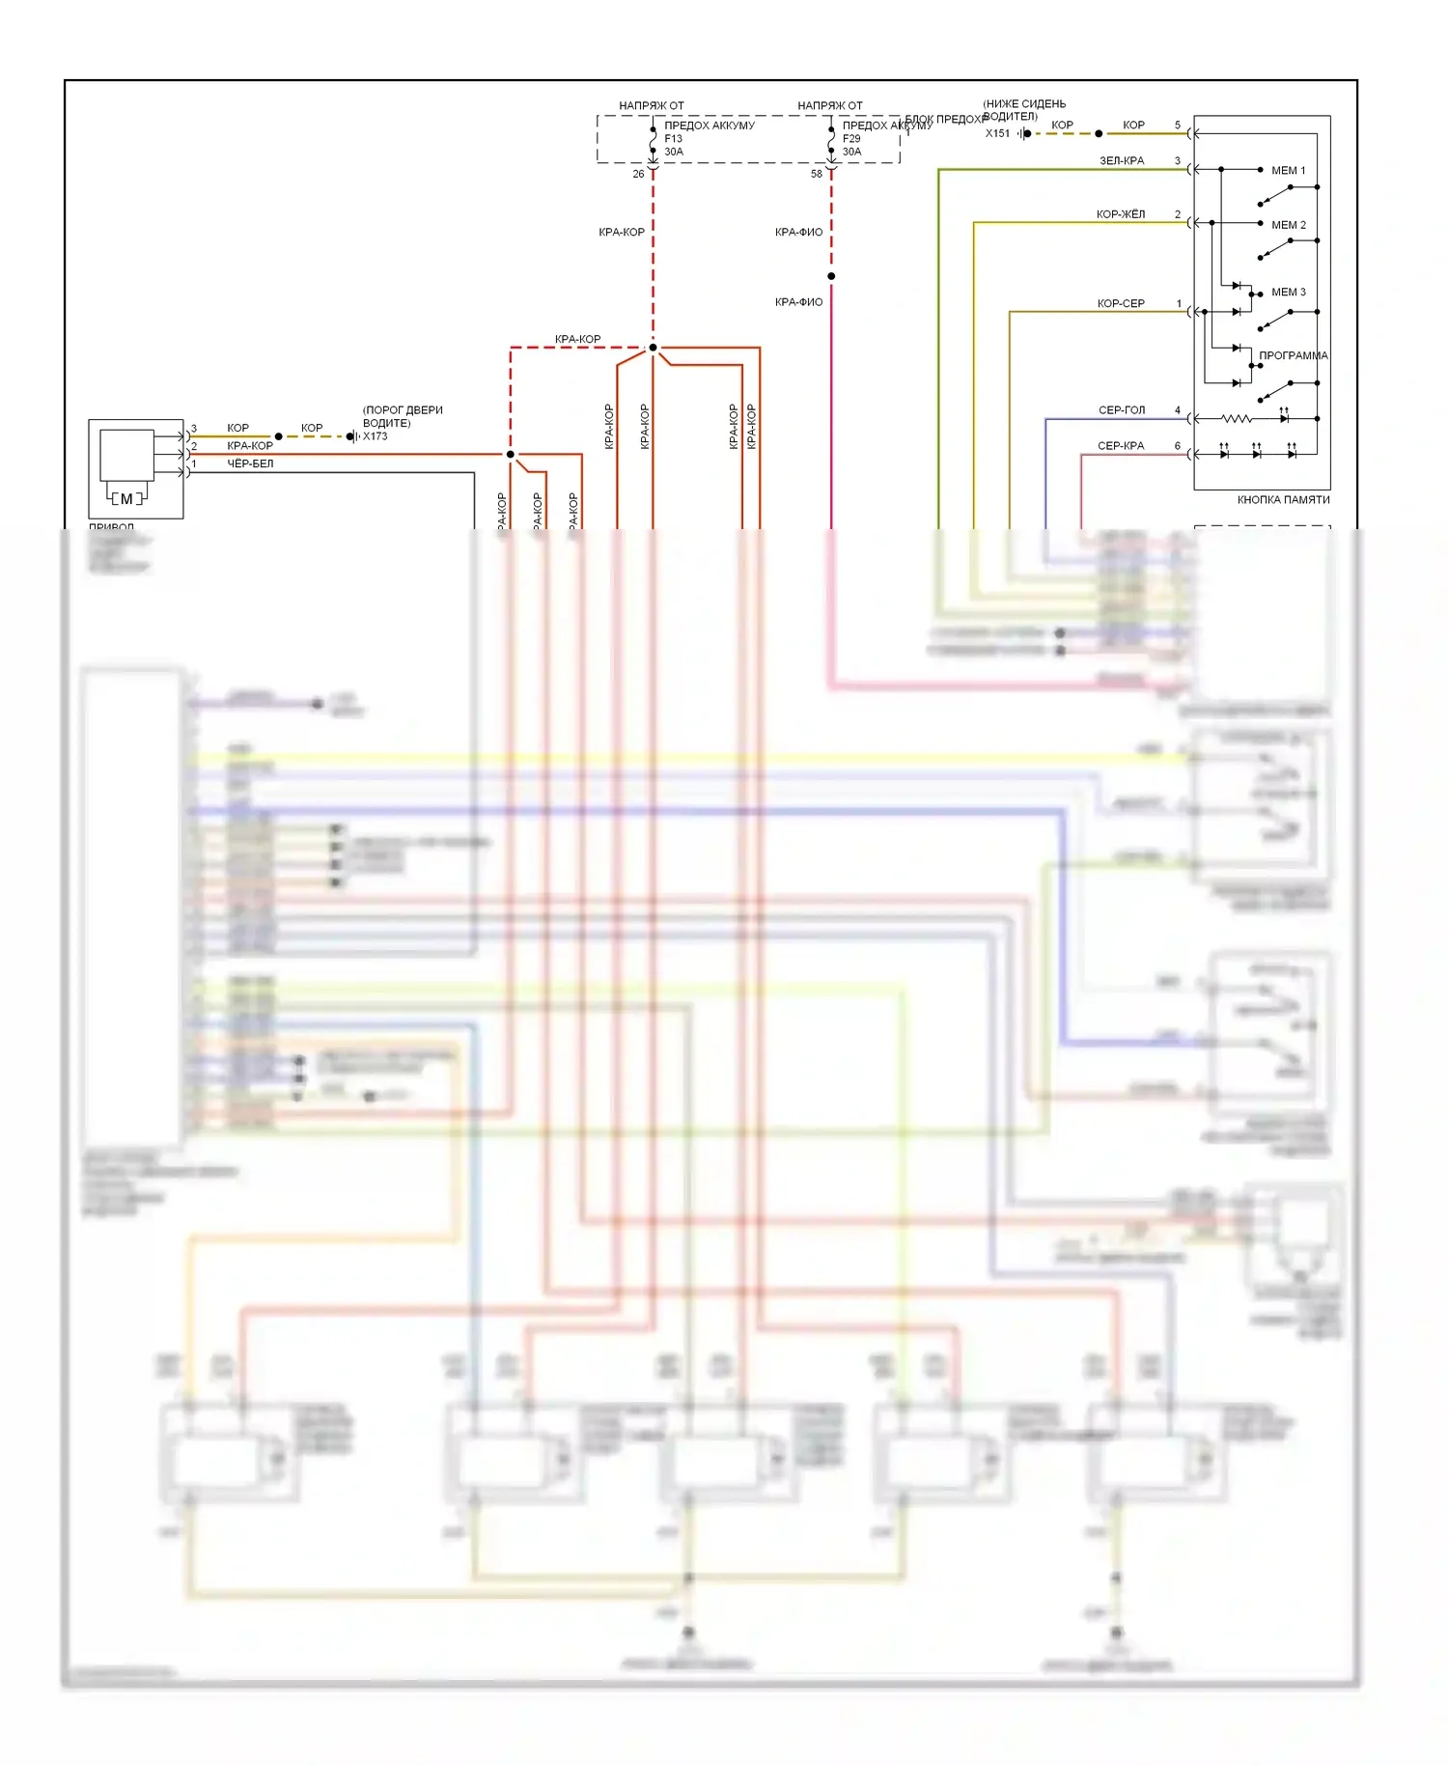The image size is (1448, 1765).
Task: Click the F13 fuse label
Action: (673, 138)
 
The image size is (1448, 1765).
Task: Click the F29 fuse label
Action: (850, 138)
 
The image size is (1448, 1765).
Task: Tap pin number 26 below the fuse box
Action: (638, 174)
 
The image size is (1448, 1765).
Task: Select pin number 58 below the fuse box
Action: (817, 174)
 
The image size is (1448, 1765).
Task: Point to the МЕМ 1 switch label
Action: (1288, 171)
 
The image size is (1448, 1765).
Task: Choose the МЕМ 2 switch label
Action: (1288, 225)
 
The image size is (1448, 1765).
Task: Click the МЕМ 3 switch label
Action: (1288, 292)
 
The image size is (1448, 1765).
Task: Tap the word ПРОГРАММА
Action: (1293, 355)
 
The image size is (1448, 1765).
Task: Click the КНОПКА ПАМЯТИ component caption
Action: (1283, 500)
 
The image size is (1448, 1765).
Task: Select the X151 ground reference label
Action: (997, 133)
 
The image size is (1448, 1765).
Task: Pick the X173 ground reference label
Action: (375, 436)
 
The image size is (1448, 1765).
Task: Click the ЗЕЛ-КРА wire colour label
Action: (1121, 160)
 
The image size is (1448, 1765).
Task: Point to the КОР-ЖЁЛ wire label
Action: (1120, 214)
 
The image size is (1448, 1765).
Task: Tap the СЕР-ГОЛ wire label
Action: (1121, 410)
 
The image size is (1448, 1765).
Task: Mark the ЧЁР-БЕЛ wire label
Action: (250, 463)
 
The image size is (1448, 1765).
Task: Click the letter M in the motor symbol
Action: (126, 498)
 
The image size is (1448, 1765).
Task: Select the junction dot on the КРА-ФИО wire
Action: (831, 276)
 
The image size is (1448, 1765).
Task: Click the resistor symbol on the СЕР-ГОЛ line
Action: (1237, 419)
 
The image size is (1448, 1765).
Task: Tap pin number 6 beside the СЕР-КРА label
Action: (1177, 446)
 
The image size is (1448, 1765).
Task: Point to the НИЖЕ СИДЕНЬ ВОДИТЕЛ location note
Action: (1023, 110)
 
